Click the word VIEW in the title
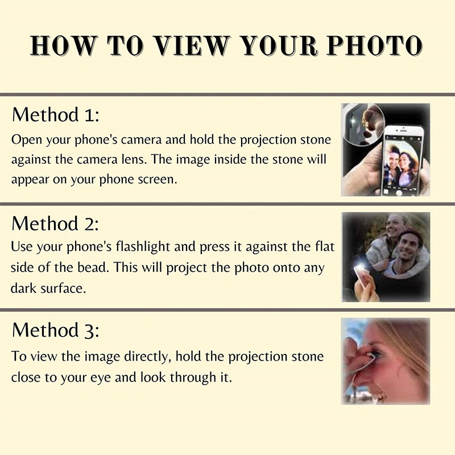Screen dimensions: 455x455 point(192,45)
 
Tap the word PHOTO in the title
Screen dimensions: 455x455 point(374,45)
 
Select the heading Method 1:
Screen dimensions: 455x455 point(56,115)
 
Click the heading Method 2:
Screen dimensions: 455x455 point(55,224)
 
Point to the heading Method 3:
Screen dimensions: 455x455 point(56,330)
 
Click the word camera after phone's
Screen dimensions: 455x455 point(141,140)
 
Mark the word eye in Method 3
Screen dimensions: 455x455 point(101,378)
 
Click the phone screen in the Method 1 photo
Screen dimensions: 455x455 point(402,165)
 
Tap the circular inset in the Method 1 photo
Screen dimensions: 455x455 point(365,124)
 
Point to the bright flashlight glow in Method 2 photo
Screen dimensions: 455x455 point(360,266)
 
